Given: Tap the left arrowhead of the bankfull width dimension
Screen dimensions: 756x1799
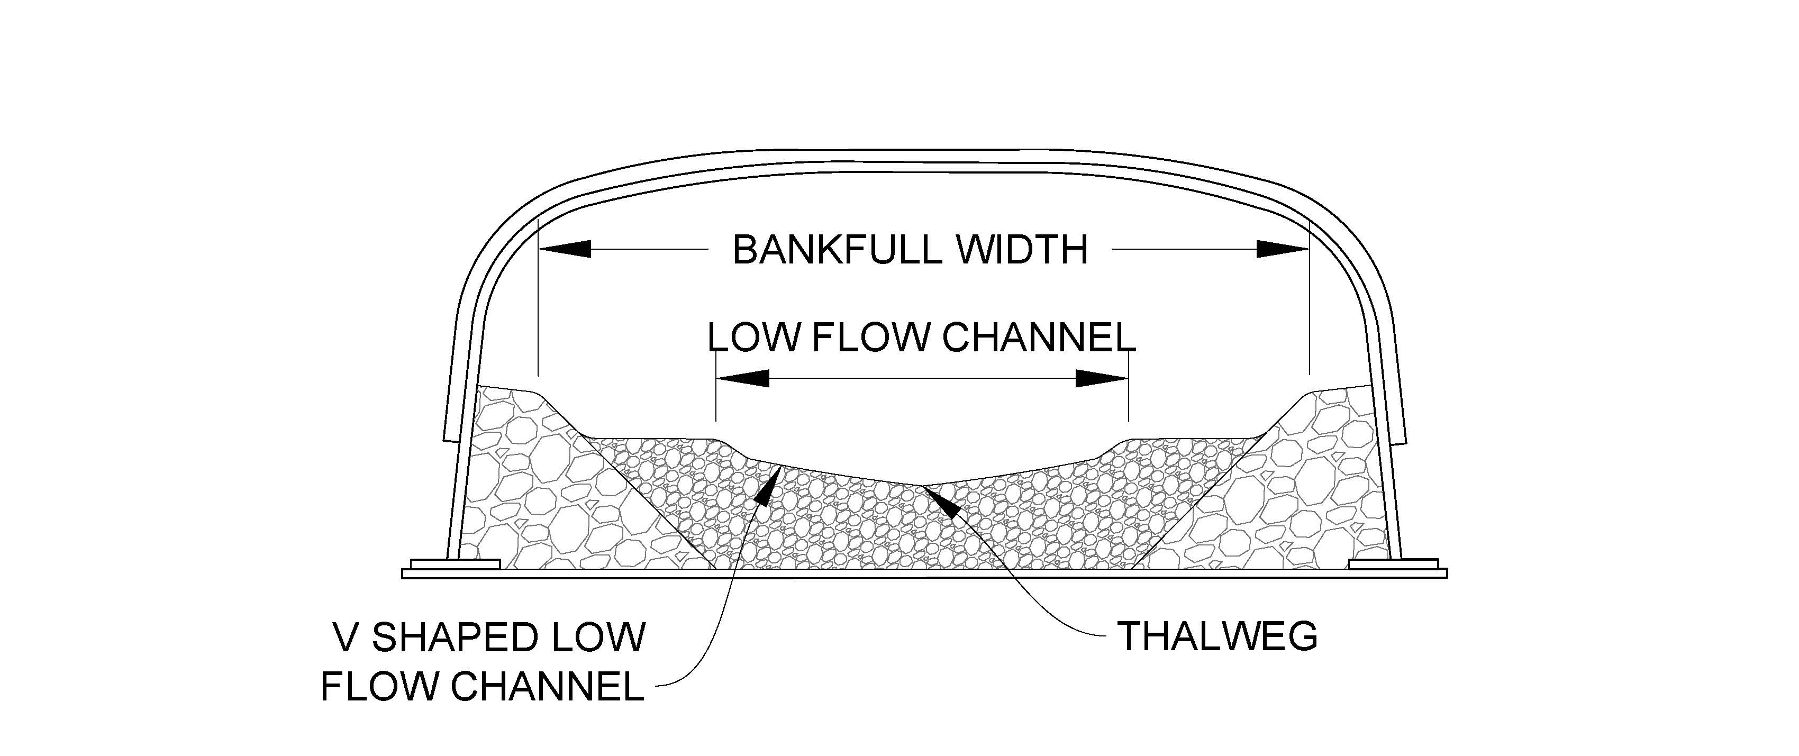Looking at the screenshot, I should pyautogui.click(x=566, y=249).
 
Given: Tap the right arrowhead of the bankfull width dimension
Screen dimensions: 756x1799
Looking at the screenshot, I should pyautogui.click(x=1282, y=249).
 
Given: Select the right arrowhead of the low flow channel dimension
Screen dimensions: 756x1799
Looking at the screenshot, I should pyautogui.click(x=1102, y=378).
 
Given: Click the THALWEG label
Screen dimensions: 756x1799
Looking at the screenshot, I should pyautogui.click(x=1218, y=636).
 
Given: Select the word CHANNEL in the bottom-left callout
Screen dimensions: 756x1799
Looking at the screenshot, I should pyautogui.click(x=547, y=686).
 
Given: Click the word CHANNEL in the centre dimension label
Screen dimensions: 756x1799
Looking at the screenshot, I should pyautogui.click(x=1038, y=338).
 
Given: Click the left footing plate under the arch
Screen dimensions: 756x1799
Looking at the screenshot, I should pyautogui.click(x=456, y=563).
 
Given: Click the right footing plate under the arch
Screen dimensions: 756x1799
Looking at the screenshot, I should pyautogui.click(x=1393, y=563).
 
